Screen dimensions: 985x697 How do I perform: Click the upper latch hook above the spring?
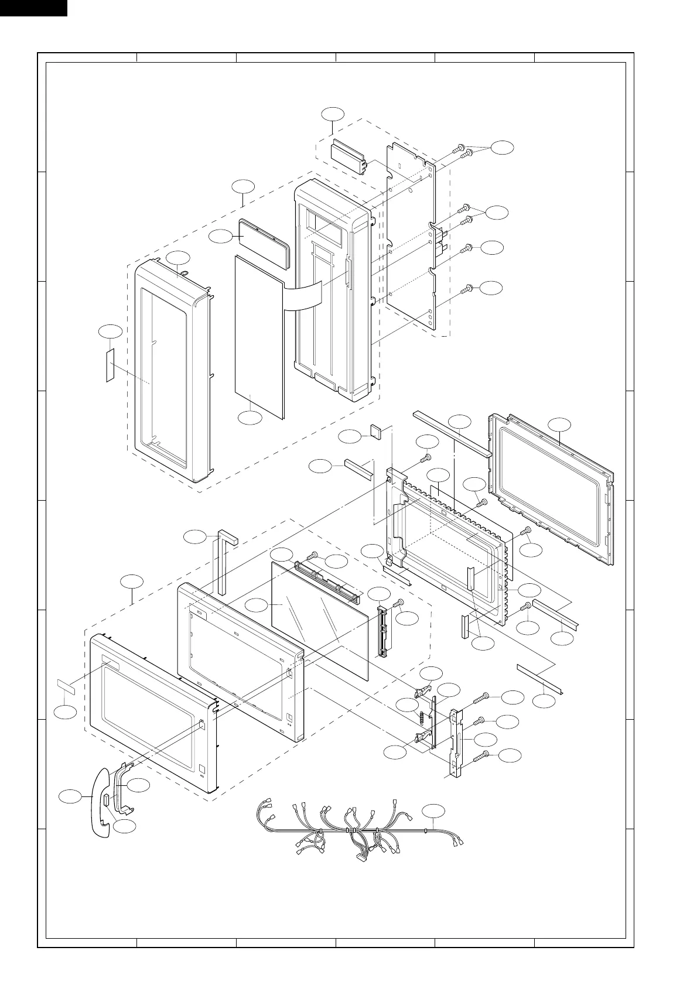pos(424,693)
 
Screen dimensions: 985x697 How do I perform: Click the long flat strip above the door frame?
pos(451,433)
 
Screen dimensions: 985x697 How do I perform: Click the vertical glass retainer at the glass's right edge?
pos(383,631)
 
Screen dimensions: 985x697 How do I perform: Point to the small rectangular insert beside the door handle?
pos(106,800)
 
